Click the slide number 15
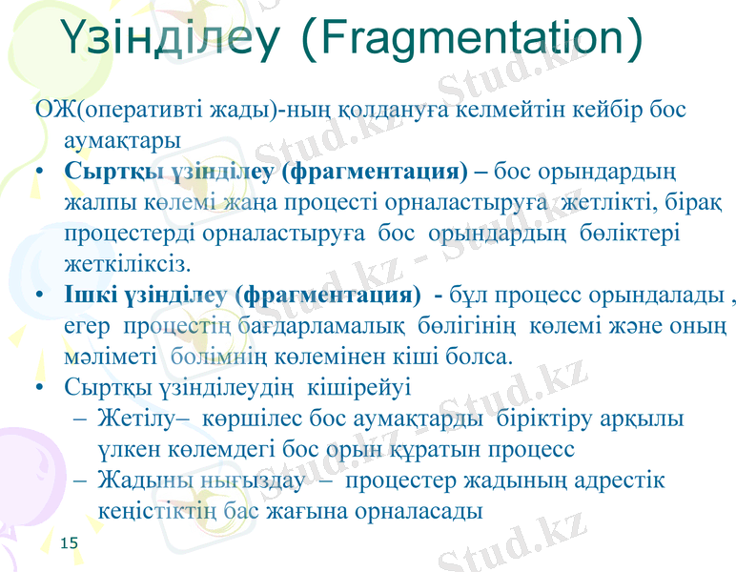[x=68, y=542]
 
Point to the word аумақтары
[x=117, y=139]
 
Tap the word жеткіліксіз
[x=126, y=261]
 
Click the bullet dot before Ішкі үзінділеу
[x=38, y=295]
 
